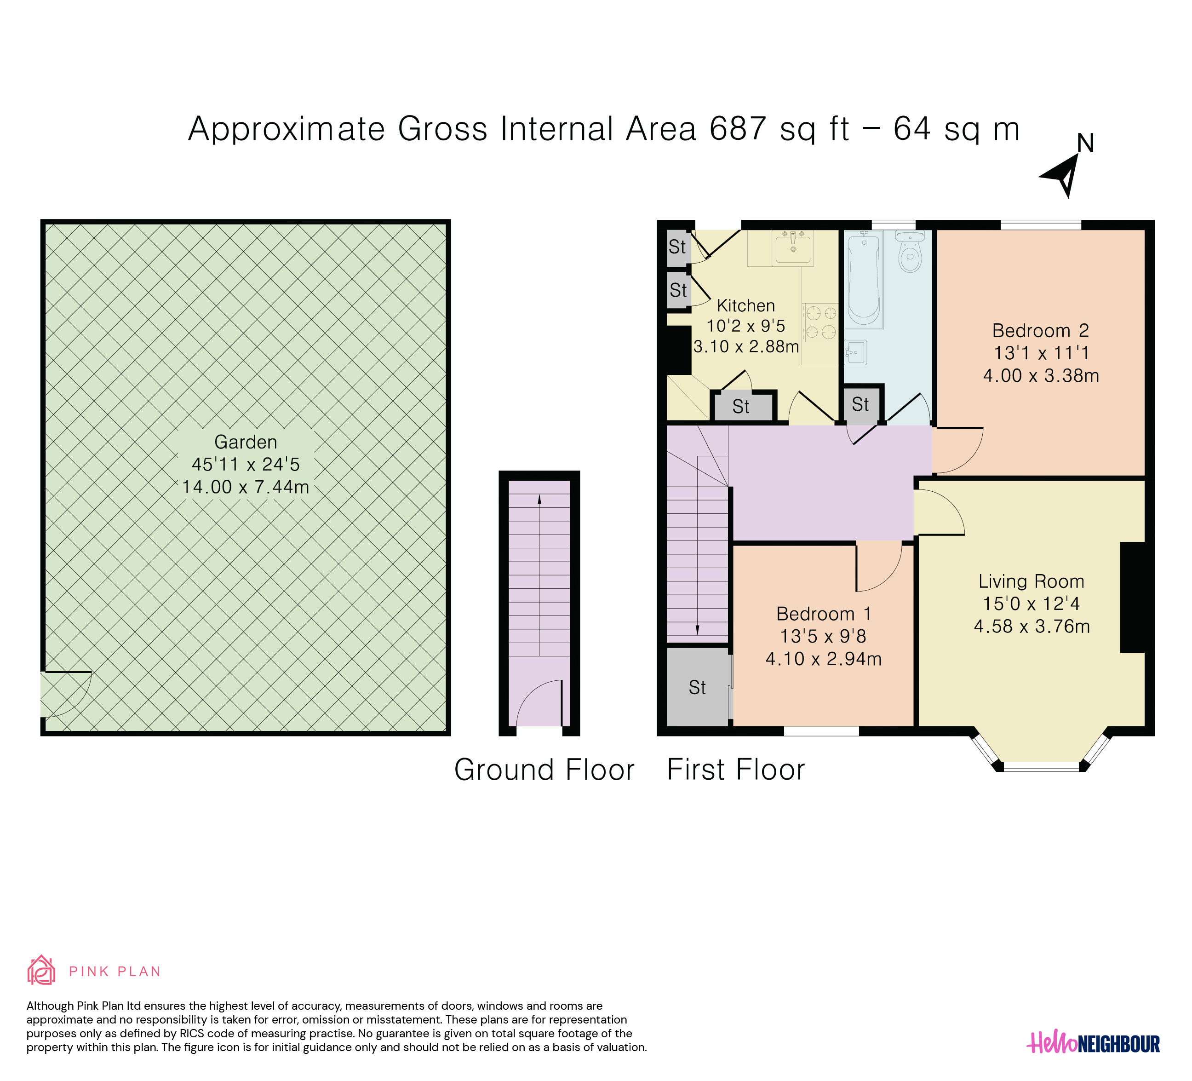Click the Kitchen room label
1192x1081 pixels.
(745, 306)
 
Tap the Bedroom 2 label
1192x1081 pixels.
(1041, 331)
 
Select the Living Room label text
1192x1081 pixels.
(1031, 581)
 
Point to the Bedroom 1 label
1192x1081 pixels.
(824, 614)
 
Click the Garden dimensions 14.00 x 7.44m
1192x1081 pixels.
(246, 487)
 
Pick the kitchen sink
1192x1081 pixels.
(793, 247)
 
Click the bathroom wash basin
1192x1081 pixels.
(855, 352)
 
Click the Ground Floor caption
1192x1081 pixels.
(544, 770)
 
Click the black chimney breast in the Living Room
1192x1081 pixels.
(1132, 597)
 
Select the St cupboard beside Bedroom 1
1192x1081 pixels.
(698, 687)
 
